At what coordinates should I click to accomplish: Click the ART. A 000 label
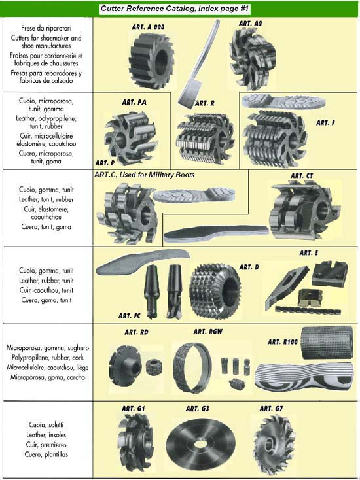149,27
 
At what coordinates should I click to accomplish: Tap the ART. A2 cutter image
253,59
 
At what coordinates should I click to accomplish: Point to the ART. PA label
134,102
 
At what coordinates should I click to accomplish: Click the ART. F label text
325,122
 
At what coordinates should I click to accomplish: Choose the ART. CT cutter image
304,210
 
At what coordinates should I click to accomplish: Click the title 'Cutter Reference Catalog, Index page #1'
174,9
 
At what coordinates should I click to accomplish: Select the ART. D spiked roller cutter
215,290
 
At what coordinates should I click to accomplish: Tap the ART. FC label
130,316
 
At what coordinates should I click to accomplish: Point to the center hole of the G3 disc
201,444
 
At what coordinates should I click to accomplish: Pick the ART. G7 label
271,409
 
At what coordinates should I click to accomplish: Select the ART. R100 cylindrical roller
327,342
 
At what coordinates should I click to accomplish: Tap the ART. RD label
136,332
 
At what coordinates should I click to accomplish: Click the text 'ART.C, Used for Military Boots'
144,175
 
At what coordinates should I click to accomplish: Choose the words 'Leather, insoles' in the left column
46,435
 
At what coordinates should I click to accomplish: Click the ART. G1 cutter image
135,442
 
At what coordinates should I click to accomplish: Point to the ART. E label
309,253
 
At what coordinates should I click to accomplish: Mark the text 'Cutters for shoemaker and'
46,38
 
